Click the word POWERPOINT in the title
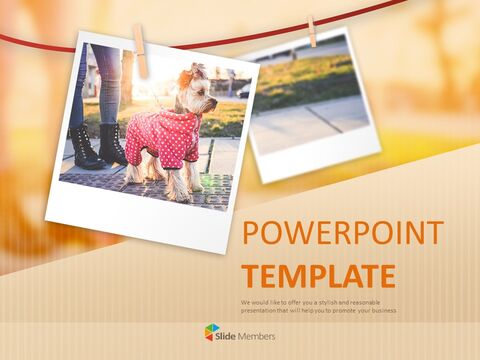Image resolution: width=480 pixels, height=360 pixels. pyautogui.click(x=343, y=233)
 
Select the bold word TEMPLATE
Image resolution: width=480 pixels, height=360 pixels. pyautogui.click(x=318, y=276)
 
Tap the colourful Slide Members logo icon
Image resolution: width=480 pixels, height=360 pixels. pyautogui.click(x=211, y=331)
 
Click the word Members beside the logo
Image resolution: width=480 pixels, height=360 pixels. pyautogui.click(x=259, y=332)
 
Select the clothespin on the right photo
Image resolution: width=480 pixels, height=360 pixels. pyautogui.click(x=312, y=30)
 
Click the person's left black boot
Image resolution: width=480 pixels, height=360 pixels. pyautogui.click(x=85, y=147)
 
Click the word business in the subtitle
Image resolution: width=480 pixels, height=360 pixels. pyautogui.click(x=378, y=310)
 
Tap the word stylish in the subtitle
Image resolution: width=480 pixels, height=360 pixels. pyautogui.click(x=323, y=301)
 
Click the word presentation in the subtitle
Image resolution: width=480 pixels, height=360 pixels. pyautogui.click(x=262, y=310)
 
